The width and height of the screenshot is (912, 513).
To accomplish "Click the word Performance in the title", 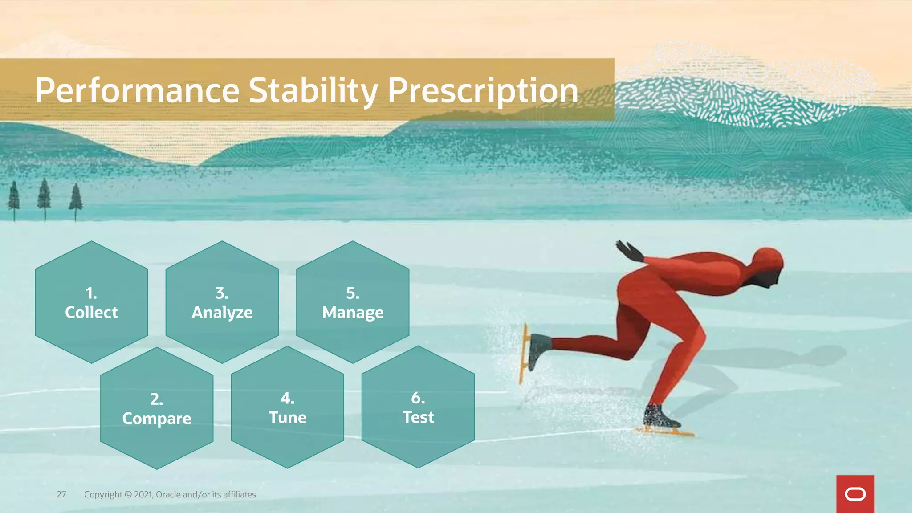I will (137, 91).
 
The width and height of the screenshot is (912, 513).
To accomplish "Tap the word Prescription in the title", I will (483, 91).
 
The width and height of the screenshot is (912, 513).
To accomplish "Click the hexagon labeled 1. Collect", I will (91, 302).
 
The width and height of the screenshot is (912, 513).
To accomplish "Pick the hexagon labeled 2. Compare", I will (157, 408).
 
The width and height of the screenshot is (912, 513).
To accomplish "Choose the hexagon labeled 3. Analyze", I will (222, 302).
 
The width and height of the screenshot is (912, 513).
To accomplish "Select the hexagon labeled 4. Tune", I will (287, 407).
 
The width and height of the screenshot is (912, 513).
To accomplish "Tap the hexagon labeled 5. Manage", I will (353, 302).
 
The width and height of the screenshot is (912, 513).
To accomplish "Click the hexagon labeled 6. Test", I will (418, 407).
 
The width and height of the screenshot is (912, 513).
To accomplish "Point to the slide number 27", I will (61, 494).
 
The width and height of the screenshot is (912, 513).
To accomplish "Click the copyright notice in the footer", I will (170, 494).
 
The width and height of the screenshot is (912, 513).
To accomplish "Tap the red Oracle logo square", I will (855, 494).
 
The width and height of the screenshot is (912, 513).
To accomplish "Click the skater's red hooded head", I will (768, 263).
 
